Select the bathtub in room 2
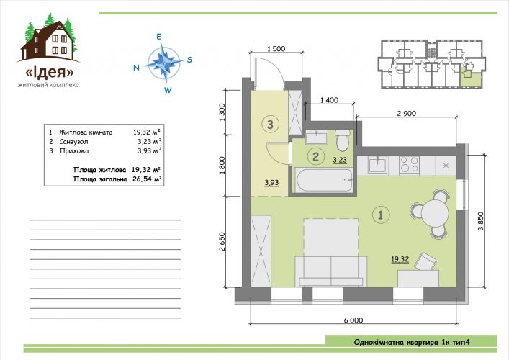[x=324, y=180]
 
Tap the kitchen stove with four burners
[x=409, y=165]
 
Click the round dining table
[x=435, y=213]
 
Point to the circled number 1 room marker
[x=381, y=215]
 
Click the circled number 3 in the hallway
[x=271, y=124]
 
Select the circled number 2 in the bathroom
[x=315, y=157]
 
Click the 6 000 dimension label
[x=353, y=320]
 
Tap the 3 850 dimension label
[x=480, y=221]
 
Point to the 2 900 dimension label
[x=407, y=113]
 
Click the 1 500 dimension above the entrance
[x=276, y=49]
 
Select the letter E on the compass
[x=158, y=37]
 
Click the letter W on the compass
[x=168, y=90]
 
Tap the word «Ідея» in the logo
[x=50, y=72]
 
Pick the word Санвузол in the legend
[x=73, y=142]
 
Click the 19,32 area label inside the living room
[x=400, y=259]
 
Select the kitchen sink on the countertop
[x=377, y=165]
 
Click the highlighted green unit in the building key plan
[x=471, y=78]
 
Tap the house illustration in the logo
[x=49, y=40]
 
